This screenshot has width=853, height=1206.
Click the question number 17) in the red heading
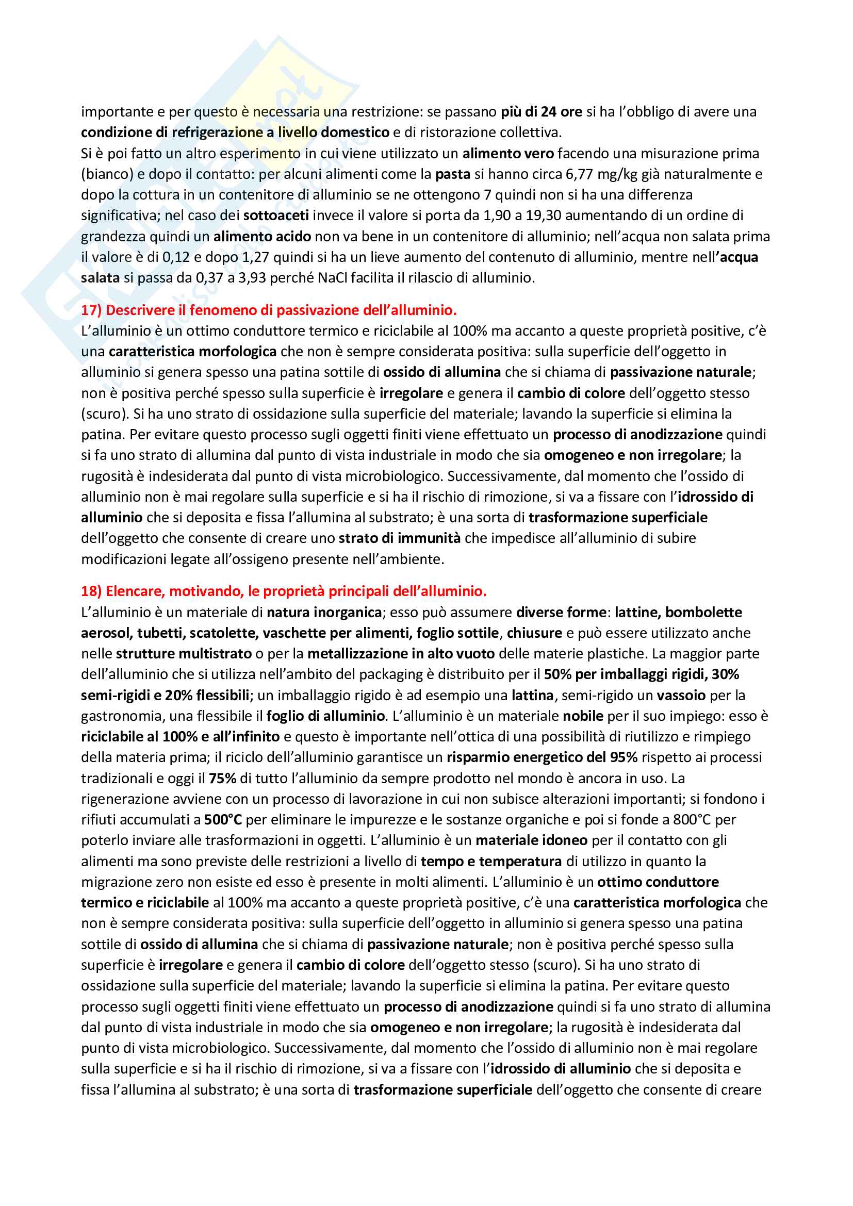91,310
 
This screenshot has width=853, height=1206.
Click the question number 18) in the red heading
91,591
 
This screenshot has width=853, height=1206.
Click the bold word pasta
453,174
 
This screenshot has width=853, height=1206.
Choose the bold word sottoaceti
276,216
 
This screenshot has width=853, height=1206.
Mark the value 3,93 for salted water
253,278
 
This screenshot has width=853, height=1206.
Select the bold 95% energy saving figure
624,757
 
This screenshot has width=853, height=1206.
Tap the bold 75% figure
222,779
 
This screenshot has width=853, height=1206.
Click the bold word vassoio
681,696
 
